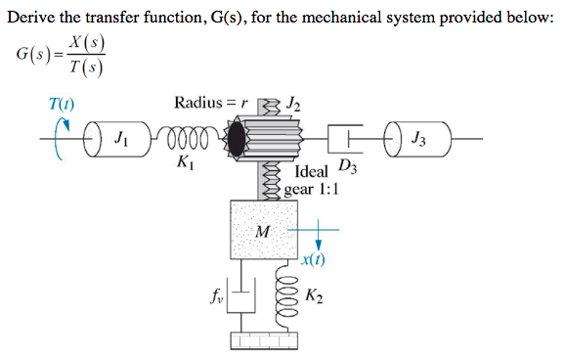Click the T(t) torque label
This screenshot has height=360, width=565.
point(62,103)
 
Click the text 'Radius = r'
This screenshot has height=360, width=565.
point(211,103)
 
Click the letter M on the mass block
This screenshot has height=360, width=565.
point(261,232)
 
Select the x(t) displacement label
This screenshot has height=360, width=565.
point(314,261)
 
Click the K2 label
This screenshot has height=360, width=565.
point(315,295)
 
